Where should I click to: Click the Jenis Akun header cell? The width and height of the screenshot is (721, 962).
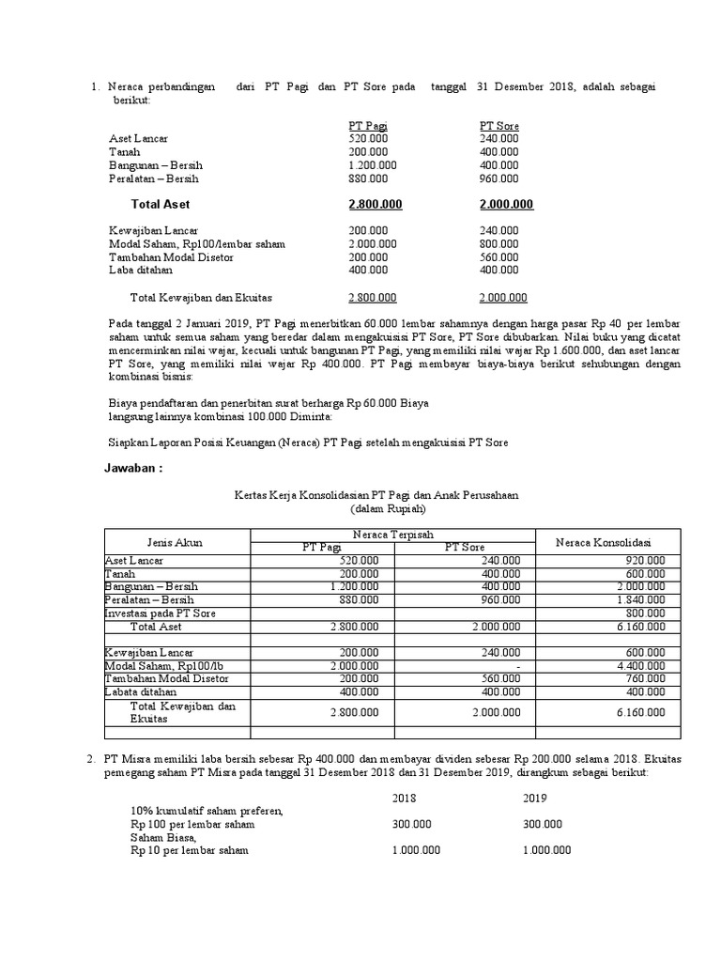175,542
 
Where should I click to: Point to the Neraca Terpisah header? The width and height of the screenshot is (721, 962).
391,535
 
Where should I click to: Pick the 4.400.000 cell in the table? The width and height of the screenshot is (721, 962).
640,665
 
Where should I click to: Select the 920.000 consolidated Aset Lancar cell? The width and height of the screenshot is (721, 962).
645,560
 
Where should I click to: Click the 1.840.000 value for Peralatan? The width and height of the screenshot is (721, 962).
640,599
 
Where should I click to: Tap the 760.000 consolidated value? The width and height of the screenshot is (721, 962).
645,678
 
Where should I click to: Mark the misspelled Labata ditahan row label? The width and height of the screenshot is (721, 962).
142,691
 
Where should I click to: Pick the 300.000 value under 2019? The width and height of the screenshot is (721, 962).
543,824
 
